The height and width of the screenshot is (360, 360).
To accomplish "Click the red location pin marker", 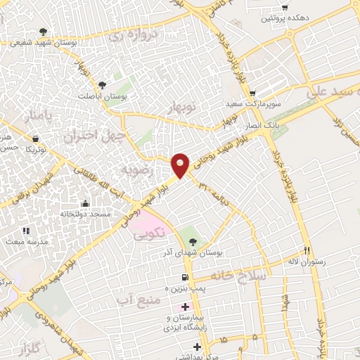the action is [x=181, y=163].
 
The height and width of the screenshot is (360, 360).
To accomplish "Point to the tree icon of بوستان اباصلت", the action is [x=103, y=84].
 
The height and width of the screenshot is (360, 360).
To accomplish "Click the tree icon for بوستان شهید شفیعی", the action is [x=44, y=32].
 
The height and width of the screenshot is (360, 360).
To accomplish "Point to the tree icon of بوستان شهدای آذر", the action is [x=193, y=242].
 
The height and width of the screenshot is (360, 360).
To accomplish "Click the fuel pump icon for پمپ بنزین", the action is [x=185, y=278].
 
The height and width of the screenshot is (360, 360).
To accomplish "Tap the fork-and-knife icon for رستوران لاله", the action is [x=306, y=250].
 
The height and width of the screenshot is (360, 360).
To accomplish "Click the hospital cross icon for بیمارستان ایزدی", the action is [x=186, y=307].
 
